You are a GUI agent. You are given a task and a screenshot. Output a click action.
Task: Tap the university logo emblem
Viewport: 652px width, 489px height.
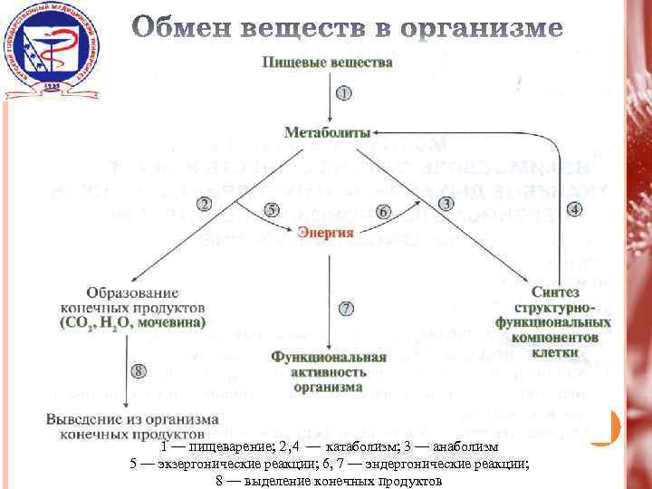pyautogui.click(x=47, y=52)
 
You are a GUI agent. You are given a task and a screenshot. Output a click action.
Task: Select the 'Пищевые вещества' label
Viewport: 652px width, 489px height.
pyautogui.click(x=328, y=62)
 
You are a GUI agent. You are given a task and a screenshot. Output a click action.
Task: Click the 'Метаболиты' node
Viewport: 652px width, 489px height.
pyautogui.click(x=328, y=132)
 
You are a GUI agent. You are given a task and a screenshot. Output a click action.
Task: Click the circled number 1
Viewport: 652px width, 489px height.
pyautogui.click(x=343, y=92)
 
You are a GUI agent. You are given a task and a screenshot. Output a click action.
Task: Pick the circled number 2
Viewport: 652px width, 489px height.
pyautogui.click(x=205, y=205)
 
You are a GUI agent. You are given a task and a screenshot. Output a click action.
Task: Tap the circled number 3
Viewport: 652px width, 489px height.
pyautogui.click(x=446, y=204)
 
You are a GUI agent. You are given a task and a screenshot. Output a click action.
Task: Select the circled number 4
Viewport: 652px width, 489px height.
pyautogui.click(x=574, y=209)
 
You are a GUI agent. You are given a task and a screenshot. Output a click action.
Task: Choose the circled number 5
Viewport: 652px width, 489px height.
pyautogui.click(x=272, y=210)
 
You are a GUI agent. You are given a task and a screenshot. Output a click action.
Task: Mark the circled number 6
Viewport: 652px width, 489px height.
pyautogui.click(x=383, y=211)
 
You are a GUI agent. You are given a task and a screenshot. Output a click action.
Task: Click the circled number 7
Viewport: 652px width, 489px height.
pyautogui.click(x=346, y=308)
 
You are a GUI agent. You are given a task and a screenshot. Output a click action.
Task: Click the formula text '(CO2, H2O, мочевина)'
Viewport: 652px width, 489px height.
pyautogui.click(x=133, y=322)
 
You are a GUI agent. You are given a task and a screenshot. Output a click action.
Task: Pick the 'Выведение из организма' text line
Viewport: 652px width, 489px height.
pyautogui.click(x=132, y=420)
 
